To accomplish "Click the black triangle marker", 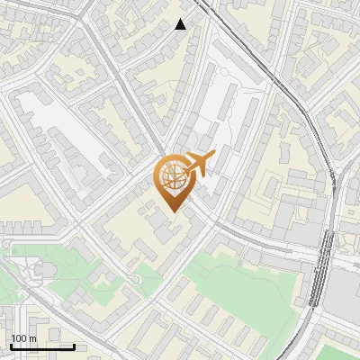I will (181, 24).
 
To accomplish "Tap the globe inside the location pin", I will (173, 177).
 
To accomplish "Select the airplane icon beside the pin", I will (197, 165).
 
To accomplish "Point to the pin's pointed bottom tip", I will (173, 211).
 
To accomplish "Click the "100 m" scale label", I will (23, 338).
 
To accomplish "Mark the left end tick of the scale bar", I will (11, 346).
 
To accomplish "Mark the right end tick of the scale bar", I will (74, 346).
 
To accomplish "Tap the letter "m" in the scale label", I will (32, 338).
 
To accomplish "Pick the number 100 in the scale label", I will (19, 338).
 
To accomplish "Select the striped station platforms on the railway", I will (322, 270).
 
